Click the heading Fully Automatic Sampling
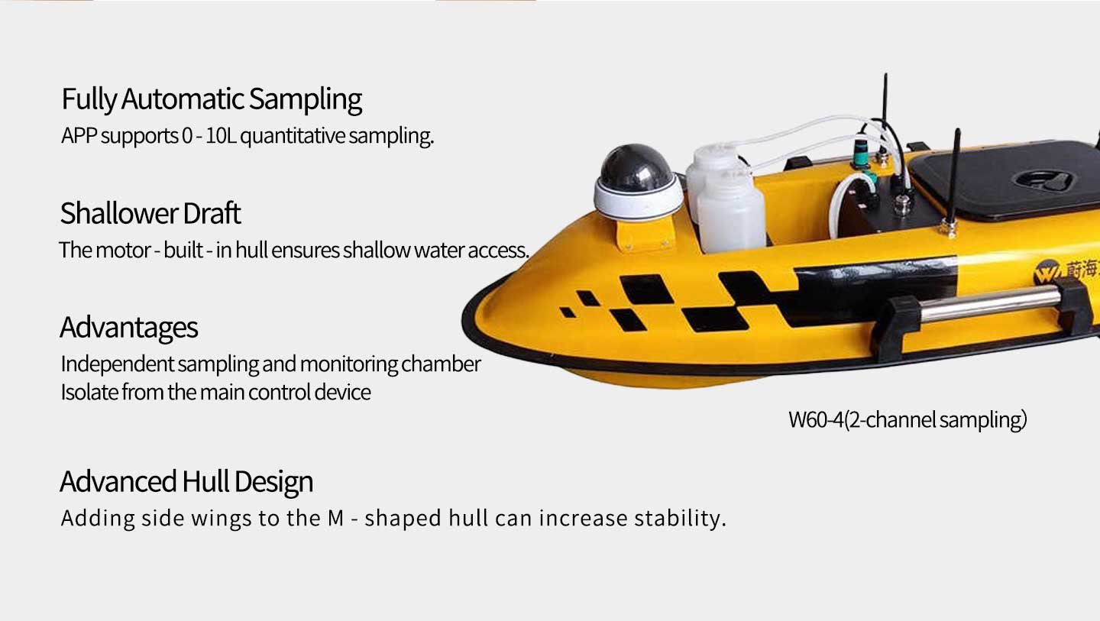212,99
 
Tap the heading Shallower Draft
150,214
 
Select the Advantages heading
128,328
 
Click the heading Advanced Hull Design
186,481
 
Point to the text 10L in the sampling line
221,135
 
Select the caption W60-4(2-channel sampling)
907,420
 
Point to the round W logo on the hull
1047,273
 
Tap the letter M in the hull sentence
336,519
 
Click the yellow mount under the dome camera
646,233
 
